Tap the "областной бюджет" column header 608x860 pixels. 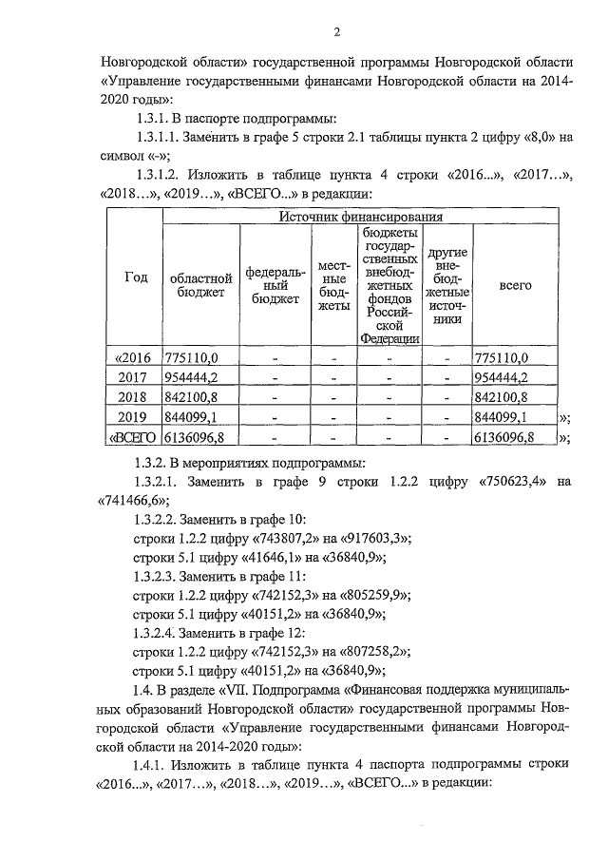(201, 285)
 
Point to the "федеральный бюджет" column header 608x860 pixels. (275, 285)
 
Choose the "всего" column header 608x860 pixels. (514, 285)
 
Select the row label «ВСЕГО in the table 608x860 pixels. (135, 437)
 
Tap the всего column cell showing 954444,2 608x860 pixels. (499, 377)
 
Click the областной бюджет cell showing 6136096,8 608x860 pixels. (197, 437)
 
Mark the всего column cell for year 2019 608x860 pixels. (499, 417)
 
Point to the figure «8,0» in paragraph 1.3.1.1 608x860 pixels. (536, 138)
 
